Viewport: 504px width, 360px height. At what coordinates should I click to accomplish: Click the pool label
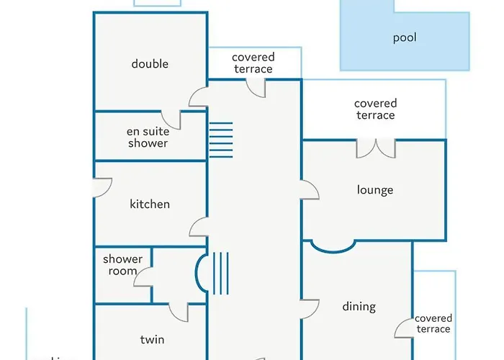(405, 38)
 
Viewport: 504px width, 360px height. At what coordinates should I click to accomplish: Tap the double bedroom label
(150, 64)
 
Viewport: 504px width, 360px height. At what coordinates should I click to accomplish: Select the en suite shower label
(148, 138)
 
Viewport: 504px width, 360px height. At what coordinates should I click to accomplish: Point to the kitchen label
(150, 204)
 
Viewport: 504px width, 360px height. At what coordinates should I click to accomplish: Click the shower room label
(123, 265)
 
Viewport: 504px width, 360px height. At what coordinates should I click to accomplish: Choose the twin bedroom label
(151, 339)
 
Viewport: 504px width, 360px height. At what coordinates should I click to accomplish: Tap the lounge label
(375, 190)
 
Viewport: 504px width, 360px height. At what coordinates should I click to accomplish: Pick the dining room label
(359, 307)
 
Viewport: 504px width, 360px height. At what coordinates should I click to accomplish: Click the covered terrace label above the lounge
(375, 109)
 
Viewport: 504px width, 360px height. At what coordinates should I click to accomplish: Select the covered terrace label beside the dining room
(433, 323)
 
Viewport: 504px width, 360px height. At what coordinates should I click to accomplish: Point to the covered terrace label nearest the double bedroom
(253, 63)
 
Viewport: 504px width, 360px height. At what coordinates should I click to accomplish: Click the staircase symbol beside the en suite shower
(221, 139)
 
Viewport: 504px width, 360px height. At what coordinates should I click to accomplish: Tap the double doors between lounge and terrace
(376, 148)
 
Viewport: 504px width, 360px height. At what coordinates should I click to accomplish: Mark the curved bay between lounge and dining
(333, 246)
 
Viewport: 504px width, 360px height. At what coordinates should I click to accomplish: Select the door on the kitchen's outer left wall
(102, 186)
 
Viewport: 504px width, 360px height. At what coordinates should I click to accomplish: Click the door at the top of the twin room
(179, 312)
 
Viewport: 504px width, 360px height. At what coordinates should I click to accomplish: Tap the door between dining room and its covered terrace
(404, 328)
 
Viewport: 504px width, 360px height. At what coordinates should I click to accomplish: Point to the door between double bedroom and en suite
(171, 120)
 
